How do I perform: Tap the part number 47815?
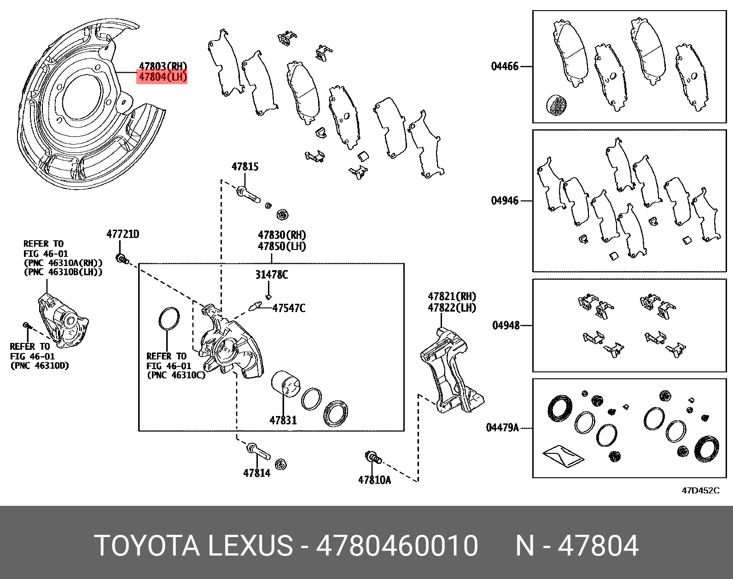click(244, 167)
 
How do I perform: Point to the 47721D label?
click(122, 234)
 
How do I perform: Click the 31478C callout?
click(272, 275)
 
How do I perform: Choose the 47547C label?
click(289, 308)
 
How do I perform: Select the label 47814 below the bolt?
click(257, 472)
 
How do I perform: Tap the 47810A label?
click(374, 480)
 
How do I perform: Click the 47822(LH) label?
click(452, 308)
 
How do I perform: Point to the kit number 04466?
click(505, 66)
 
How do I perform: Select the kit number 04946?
click(505, 201)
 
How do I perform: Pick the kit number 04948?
click(506, 325)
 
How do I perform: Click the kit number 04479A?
click(502, 428)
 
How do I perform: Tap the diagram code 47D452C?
click(700, 491)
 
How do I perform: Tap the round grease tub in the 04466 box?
click(557, 105)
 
